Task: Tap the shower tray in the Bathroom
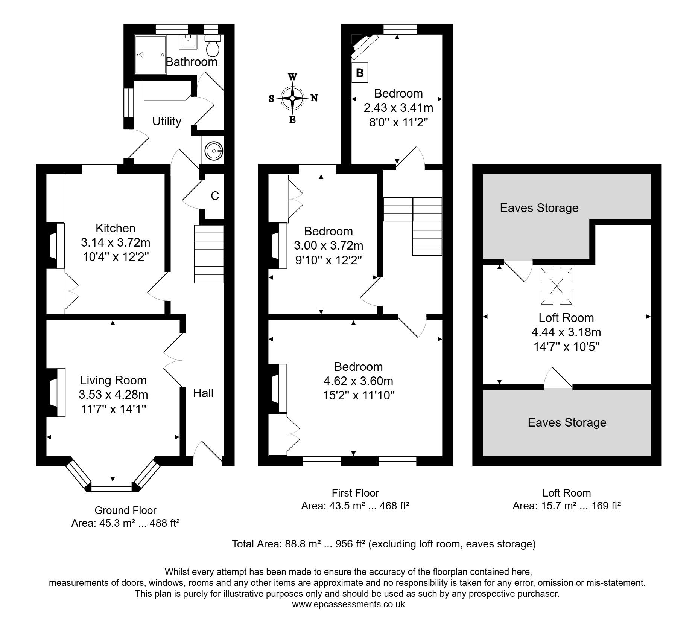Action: tap(151, 55)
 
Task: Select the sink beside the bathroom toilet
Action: tap(188, 41)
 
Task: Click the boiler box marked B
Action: tap(360, 73)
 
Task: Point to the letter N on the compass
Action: tap(314, 98)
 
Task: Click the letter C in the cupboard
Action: tap(215, 196)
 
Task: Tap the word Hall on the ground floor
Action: tap(203, 393)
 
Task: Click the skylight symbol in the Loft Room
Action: tap(557, 286)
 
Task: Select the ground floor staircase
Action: tap(209, 254)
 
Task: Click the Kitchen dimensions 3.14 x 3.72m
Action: tap(116, 243)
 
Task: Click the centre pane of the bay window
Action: tap(112, 486)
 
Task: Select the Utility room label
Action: tap(167, 121)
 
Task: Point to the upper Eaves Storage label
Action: tap(539, 208)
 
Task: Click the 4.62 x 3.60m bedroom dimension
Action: tap(358, 381)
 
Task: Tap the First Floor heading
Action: tap(355, 493)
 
